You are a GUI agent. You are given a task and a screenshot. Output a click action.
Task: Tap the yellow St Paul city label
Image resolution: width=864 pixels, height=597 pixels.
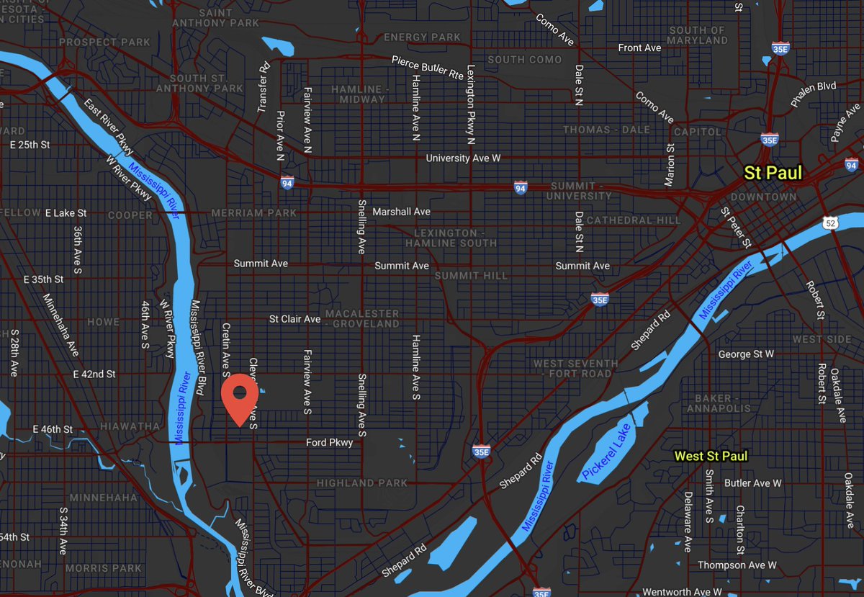[x=773, y=173]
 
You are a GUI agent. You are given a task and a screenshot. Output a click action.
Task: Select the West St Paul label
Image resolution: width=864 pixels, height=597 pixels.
[x=710, y=456]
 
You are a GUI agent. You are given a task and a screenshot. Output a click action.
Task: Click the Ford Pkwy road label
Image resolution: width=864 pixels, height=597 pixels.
[x=330, y=443]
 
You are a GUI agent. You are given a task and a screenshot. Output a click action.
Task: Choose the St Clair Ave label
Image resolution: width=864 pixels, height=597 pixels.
[x=294, y=319]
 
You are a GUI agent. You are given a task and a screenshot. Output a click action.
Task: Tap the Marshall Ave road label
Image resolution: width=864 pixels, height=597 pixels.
[x=401, y=212]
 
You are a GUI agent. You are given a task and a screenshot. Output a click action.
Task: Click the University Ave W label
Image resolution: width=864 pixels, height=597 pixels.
[x=463, y=158]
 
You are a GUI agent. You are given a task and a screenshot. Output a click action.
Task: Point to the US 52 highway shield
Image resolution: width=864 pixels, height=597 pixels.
[x=832, y=224]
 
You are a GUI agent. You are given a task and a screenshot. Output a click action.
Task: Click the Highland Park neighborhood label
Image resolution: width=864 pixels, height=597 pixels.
[x=361, y=483]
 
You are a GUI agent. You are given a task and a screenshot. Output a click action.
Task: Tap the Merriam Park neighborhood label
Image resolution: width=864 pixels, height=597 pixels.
[x=243, y=213]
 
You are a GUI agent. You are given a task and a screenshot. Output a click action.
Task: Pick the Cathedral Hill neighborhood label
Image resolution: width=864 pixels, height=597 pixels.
[x=634, y=220]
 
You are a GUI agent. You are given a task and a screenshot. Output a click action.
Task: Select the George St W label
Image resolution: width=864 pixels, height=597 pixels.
[x=746, y=354]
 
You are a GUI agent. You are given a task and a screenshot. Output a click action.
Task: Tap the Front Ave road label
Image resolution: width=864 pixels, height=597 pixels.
[x=639, y=48]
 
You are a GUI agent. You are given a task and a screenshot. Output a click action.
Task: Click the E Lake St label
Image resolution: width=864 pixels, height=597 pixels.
[x=66, y=213]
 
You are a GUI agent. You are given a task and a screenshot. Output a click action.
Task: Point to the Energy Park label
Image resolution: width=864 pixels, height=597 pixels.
[x=421, y=37]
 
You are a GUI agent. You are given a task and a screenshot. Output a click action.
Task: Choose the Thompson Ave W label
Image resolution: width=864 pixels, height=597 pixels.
[x=737, y=565]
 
